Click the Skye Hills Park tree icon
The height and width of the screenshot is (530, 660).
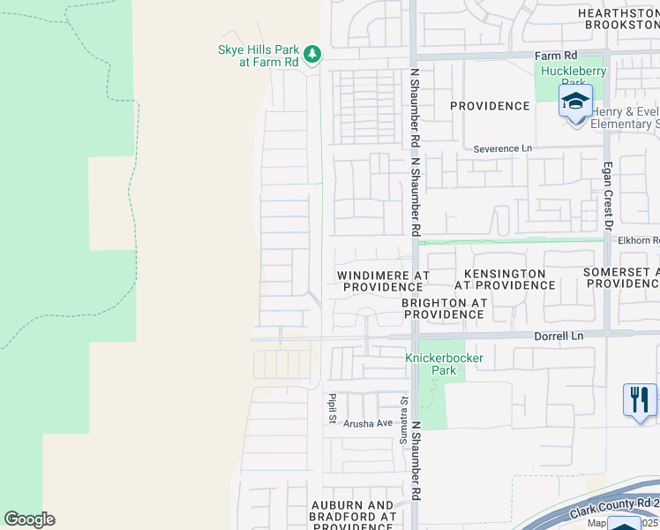pyautogui.click(x=311, y=56)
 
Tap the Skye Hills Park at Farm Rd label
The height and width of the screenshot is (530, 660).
pyautogui.click(x=258, y=57)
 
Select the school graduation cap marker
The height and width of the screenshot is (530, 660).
pyautogui.click(x=575, y=102)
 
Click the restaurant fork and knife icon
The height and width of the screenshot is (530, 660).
pyautogui.click(x=639, y=399)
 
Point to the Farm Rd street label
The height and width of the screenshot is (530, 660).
pyautogui.click(x=556, y=56)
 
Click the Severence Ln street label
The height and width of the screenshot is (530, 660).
pyautogui.click(x=504, y=148)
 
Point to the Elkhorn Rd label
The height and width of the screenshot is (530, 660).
pyautogui.click(x=639, y=239)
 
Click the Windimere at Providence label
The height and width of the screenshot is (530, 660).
pyautogui.click(x=384, y=281)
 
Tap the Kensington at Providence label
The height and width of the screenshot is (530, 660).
pyautogui.click(x=505, y=280)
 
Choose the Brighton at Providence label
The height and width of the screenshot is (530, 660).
pyautogui.click(x=443, y=308)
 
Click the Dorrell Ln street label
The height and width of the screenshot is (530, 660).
pyautogui.click(x=559, y=336)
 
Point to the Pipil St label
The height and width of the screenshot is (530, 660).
pyautogui.click(x=333, y=407)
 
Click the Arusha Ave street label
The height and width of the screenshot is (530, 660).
pyautogui.click(x=368, y=424)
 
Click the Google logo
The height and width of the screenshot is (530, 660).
pyautogui.click(x=29, y=519)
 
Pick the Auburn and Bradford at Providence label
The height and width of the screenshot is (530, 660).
pyautogui.click(x=352, y=516)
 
